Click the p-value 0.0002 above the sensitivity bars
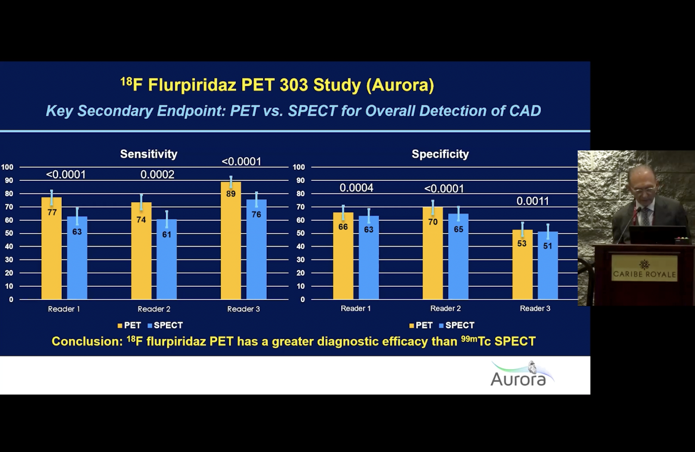(157, 175)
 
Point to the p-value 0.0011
(533, 201)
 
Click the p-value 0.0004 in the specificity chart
(356, 188)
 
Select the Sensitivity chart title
(149, 154)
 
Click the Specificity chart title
(440, 154)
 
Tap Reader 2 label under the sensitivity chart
(154, 309)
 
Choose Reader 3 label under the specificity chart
(535, 309)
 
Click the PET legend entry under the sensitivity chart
(129, 326)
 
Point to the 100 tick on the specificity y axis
(299, 167)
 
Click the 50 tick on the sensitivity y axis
(9, 233)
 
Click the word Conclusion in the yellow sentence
(87, 341)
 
